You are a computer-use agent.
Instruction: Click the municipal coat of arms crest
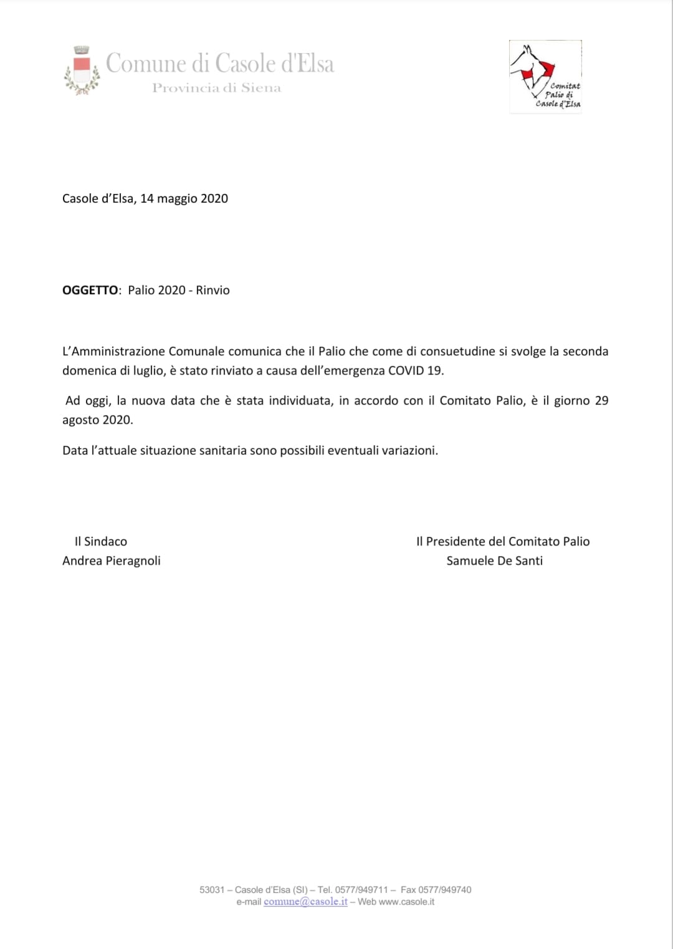tap(82, 70)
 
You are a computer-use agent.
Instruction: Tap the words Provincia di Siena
tap(216, 88)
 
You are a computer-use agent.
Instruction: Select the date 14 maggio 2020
tap(184, 198)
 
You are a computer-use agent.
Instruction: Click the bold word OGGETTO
tap(90, 290)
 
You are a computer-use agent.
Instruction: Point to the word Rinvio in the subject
tap(212, 290)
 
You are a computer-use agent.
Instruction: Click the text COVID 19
tap(415, 370)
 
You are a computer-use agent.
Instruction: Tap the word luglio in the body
tap(148, 370)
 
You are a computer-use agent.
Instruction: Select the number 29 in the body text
tap(601, 400)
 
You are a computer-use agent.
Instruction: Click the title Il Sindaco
tap(101, 541)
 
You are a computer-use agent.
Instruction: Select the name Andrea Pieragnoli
tap(112, 561)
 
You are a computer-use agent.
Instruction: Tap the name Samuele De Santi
tap(494, 561)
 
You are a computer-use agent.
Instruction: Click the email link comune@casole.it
tap(305, 902)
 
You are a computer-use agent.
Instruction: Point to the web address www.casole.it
tap(406, 902)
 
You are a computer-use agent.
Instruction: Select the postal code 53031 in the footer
tap(212, 890)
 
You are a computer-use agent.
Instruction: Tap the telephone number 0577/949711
tap(361, 890)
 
